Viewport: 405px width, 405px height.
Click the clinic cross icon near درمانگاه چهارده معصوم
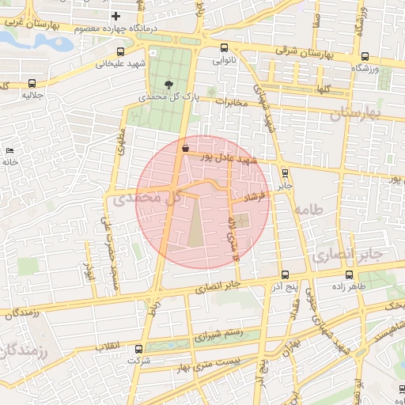116,16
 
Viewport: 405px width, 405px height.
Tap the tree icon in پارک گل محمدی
168,83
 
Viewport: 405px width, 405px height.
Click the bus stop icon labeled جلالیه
32,83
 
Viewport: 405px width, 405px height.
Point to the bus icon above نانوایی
224,47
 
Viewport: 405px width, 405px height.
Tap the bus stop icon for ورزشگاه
365,57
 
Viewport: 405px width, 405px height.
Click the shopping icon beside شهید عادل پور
185,147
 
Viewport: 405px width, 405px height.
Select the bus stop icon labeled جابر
285,172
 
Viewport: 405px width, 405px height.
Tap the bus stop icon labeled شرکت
139,348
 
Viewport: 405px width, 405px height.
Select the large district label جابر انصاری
346,255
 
